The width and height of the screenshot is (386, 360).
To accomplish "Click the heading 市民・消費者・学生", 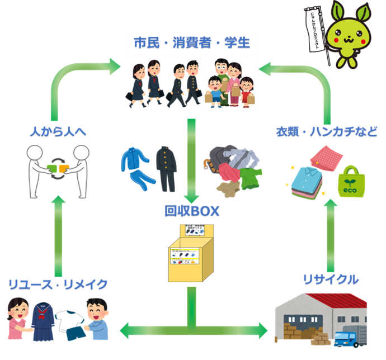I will [191, 43].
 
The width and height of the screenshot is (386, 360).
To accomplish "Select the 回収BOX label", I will [192, 211].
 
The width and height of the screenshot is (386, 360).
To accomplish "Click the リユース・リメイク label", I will [58, 284].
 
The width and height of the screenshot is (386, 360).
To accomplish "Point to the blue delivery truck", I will [347, 337].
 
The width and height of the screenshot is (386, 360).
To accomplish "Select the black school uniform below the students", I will [165, 168].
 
